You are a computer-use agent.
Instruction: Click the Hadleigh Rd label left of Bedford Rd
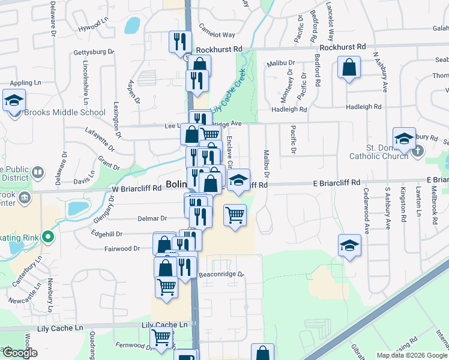coord(289,109)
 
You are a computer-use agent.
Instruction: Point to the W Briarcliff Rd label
coord(137,188)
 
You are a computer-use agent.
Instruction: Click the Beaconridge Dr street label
coord(221,275)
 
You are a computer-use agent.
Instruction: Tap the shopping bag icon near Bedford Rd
coord(349,68)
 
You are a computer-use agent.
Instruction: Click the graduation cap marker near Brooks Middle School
coord(13,100)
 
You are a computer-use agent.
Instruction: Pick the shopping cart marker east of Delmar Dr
coord(235,215)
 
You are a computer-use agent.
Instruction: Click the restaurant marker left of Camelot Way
coord(179,41)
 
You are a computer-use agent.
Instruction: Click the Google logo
coord(19,353)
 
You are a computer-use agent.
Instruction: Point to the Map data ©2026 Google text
coord(412,355)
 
